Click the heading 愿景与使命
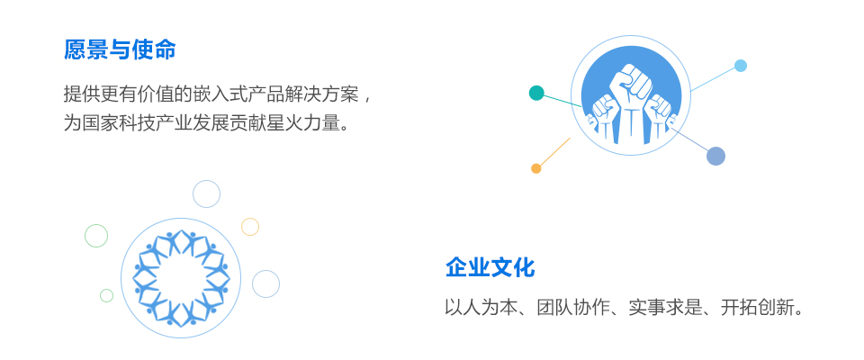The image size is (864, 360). pos(120,49)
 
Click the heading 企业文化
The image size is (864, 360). pos(490,268)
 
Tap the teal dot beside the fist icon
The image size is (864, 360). pos(536,93)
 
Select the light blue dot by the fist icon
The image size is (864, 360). pos(741,66)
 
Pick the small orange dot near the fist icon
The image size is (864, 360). pos(535,168)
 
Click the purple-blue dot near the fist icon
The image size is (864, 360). pos(715,156)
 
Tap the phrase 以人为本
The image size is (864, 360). pos(481,308)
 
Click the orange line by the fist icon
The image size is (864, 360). pos(555,151)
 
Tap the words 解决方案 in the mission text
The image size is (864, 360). pos(320,94)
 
